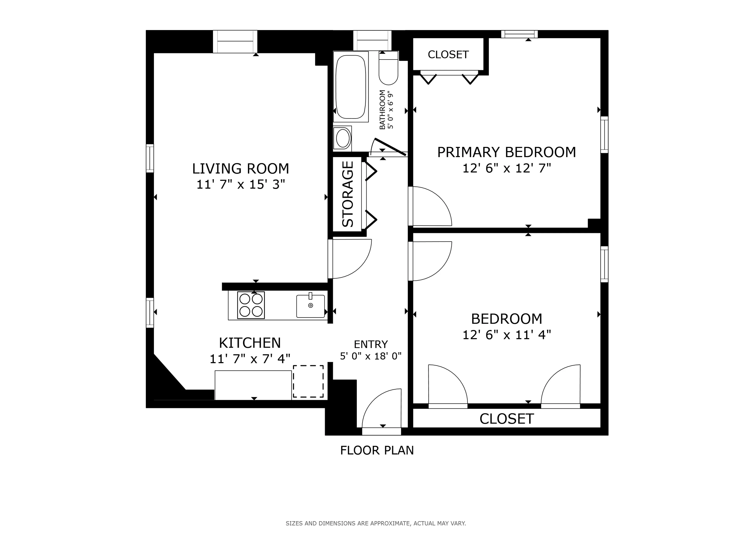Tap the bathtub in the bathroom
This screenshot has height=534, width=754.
(351, 87)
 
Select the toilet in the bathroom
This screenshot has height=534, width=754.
(388, 70)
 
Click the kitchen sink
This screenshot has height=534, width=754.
(310, 306)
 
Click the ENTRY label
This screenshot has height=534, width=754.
(371, 344)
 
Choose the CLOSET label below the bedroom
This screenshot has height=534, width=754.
(506, 419)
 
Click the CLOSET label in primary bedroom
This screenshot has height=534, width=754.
(448, 55)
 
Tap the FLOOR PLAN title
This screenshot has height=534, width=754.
(377, 450)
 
